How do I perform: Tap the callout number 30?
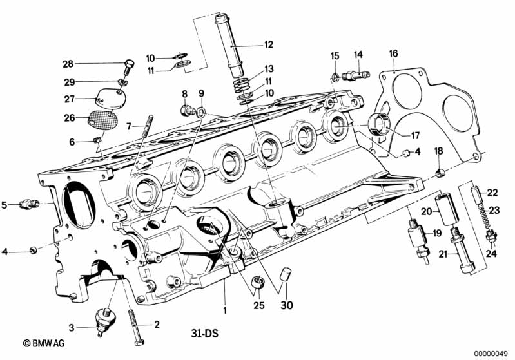[286, 305]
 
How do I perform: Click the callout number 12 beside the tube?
[268, 45]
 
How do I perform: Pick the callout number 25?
[258, 305]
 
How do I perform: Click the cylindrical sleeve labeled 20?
[445, 205]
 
